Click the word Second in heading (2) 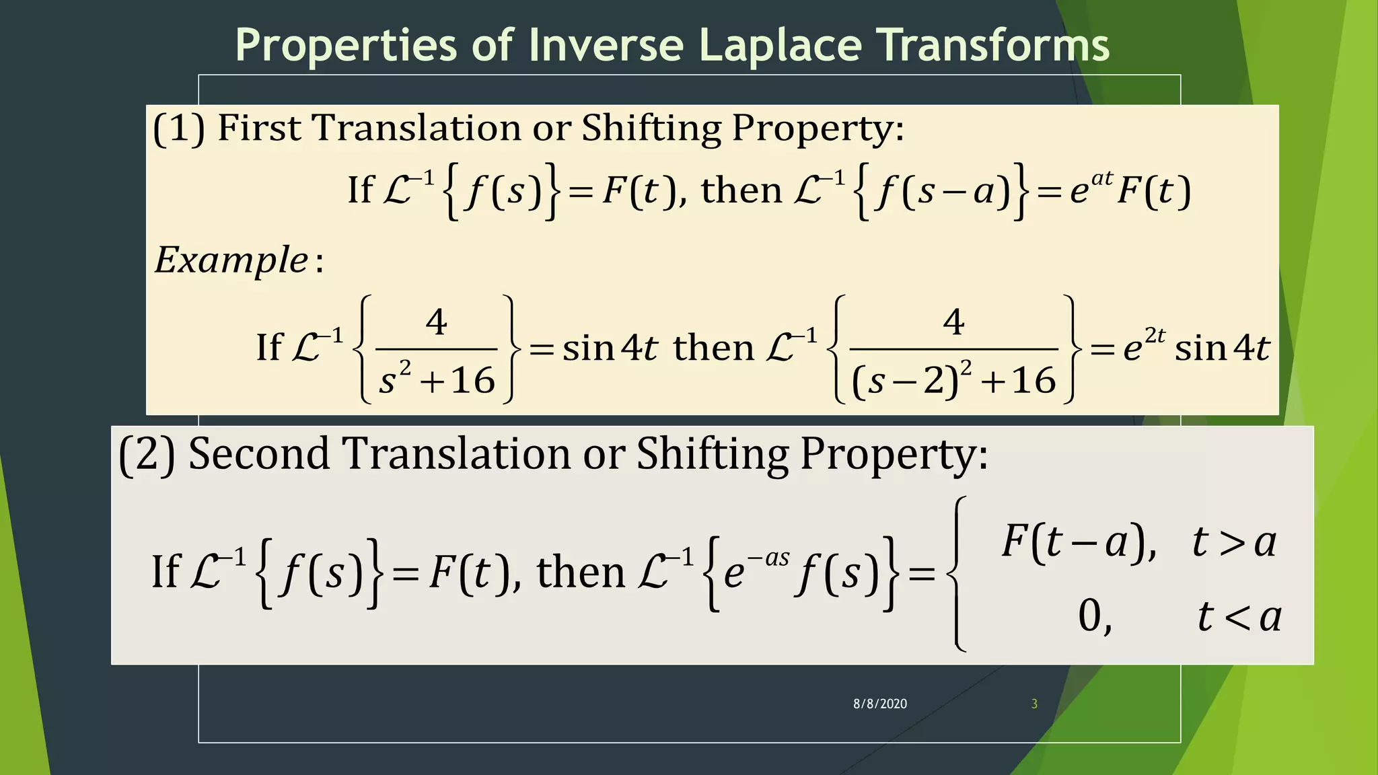[x=258, y=453]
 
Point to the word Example [x=231, y=260]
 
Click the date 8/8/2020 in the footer [x=880, y=704]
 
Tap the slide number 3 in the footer [x=1034, y=704]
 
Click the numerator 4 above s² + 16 [x=437, y=322]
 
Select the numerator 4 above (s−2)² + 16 [x=953, y=322]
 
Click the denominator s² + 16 [x=437, y=380]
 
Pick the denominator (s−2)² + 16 [x=953, y=380]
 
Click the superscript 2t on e [x=1155, y=335]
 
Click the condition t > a [x=1233, y=542]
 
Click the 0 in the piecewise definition [x=1090, y=616]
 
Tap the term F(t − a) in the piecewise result [x=1075, y=542]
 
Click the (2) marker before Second [x=147, y=455]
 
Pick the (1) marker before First [x=179, y=128]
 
